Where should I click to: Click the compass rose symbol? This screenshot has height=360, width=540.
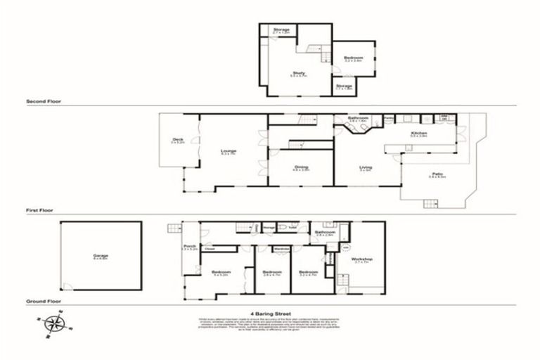coord(53,323)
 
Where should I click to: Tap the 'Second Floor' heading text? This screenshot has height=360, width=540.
coord(43,101)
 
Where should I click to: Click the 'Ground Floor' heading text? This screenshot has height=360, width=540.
coord(42,300)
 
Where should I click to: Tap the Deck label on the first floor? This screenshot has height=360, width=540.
coord(178,141)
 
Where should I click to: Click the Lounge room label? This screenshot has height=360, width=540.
coord(229,151)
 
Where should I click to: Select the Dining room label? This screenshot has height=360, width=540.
coord(301,167)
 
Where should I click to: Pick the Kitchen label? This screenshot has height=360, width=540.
coord(419,133)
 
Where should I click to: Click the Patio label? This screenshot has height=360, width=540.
coord(437,175)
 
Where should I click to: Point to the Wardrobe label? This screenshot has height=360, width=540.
coord(282,248)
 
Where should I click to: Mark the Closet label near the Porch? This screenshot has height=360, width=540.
coord(210,248)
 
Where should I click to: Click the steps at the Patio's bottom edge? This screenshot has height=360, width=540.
coord(430,203)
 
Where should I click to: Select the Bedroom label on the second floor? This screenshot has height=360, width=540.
coord(353,58)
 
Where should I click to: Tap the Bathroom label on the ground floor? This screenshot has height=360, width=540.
coord(325,232)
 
